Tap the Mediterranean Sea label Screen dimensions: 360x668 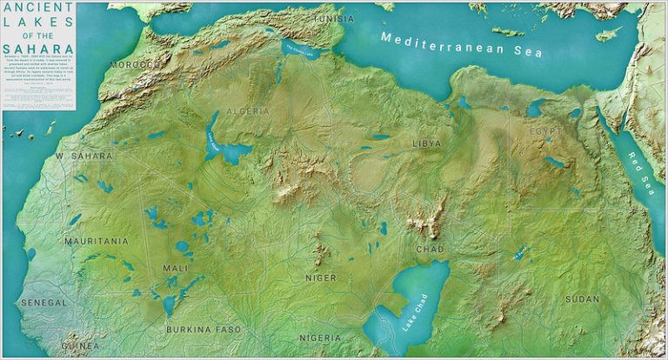pos(461,45)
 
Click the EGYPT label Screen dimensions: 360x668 pos(548,131)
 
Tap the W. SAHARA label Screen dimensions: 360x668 pos(83,156)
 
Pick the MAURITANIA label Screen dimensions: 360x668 pos(96,240)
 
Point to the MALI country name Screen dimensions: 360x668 pos(175,269)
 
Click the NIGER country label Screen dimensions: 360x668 pos(320,277)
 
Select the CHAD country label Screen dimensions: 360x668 pos(430,249)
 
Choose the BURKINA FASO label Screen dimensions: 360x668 pos(203,330)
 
